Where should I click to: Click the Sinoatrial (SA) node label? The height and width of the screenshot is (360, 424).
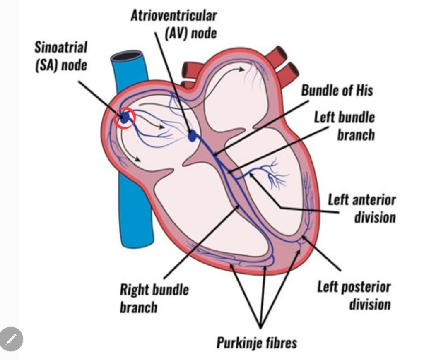pyautogui.click(x=61, y=56)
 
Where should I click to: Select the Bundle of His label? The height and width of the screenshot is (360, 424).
pyautogui.click(x=337, y=91)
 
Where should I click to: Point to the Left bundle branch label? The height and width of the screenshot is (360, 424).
pyautogui.click(x=344, y=126)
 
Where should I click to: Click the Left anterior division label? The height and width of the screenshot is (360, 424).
pyautogui.click(x=362, y=209)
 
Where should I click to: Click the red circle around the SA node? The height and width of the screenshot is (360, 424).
pyautogui.click(x=125, y=118)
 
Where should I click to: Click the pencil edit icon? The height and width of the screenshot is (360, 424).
pyautogui.click(x=11, y=339)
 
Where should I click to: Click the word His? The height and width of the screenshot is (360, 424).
pyautogui.click(x=362, y=91)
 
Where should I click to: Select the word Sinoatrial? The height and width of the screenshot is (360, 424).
pyautogui.click(x=61, y=47)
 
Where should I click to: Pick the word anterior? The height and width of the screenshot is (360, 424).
pyautogui.click(x=374, y=200)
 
